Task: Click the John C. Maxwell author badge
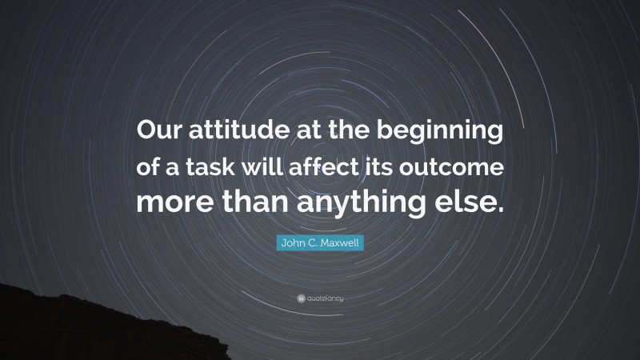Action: [320, 242]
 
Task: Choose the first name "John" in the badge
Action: [290, 242]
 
